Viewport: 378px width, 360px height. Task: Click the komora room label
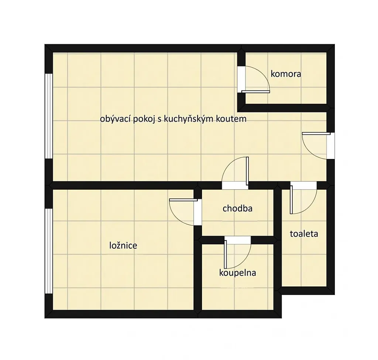[x=286, y=74]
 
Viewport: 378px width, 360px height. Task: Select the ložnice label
[x=123, y=245]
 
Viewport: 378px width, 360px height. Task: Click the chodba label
[x=237, y=208]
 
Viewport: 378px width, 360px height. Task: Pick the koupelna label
[x=237, y=273]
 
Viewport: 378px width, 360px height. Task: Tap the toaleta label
[x=304, y=234]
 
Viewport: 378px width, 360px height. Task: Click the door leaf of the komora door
[x=255, y=92]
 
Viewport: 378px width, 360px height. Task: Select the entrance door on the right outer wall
[x=316, y=133]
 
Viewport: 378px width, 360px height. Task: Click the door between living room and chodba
[x=247, y=171]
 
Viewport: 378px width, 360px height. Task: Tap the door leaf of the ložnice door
[x=183, y=200]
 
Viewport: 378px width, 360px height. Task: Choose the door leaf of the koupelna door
[x=226, y=254]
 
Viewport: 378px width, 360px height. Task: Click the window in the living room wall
[x=49, y=116]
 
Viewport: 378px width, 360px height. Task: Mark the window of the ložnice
[x=49, y=251]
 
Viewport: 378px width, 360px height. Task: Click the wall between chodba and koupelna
[x=237, y=240]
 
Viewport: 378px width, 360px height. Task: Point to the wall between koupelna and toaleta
[x=278, y=251]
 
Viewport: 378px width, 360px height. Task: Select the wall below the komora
[x=286, y=108]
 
